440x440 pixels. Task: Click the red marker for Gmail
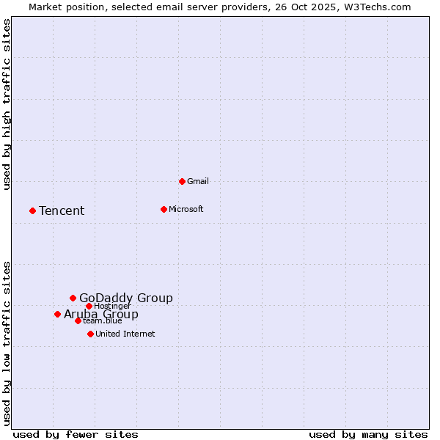point(182,181)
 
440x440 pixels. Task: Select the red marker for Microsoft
point(164,209)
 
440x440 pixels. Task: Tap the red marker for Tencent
point(32,210)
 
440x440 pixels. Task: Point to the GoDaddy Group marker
point(73,298)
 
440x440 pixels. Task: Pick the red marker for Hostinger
point(89,306)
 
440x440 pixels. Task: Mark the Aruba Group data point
point(57,314)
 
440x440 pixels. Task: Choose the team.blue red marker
point(78,320)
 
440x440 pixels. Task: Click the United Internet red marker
point(90,334)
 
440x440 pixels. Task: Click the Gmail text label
point(198,181)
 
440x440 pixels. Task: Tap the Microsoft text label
point(186,209)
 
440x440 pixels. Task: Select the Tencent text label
point(62,210)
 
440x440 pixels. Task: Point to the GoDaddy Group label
point(126,298)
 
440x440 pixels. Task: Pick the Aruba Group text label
point(101,315)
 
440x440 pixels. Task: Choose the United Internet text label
point(125,334)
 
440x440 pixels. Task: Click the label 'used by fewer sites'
point(76,434)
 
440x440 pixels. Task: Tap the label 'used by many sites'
point(368,434)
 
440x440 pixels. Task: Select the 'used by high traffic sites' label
point(7,104)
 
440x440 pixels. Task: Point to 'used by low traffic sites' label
point(7,343)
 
